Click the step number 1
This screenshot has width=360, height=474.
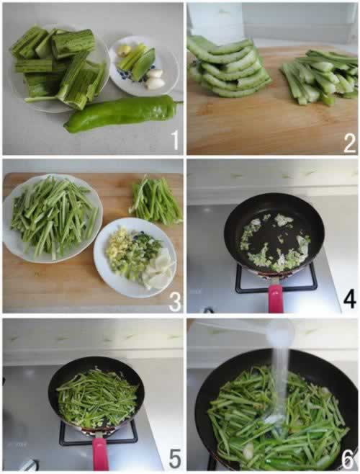174,140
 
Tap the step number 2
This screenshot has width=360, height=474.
350,143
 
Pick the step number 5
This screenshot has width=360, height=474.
175,458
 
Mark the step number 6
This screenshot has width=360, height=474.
348,460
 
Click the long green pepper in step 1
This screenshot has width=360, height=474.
121,114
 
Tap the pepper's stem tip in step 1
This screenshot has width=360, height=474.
181,102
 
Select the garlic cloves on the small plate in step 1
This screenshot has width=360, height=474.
155,79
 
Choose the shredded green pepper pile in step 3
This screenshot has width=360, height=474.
156,200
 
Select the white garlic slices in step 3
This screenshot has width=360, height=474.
158,269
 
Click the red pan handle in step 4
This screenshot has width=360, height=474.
275,298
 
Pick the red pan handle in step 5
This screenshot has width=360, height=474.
100,454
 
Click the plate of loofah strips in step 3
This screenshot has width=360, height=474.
53,218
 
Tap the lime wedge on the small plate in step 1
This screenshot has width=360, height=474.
144,65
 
